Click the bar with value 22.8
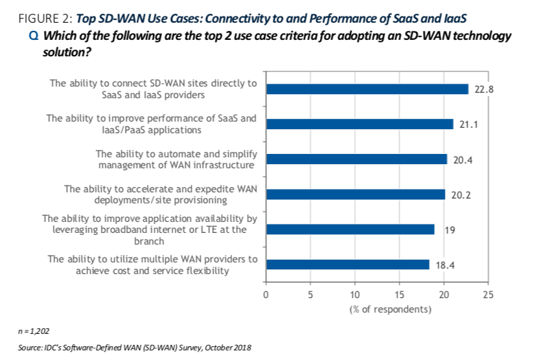(367, 89)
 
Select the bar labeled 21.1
(359, 124)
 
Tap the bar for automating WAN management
(356, 159)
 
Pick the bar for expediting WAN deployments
(355, 194)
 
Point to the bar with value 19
(349, 229)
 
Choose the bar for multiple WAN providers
(347, 265)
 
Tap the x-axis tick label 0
(266, 295)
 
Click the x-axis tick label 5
(310, 295)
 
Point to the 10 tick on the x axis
(355, 295)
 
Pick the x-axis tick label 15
(400, 295)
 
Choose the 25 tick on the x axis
(488, 295)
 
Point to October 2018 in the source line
(227, 348)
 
